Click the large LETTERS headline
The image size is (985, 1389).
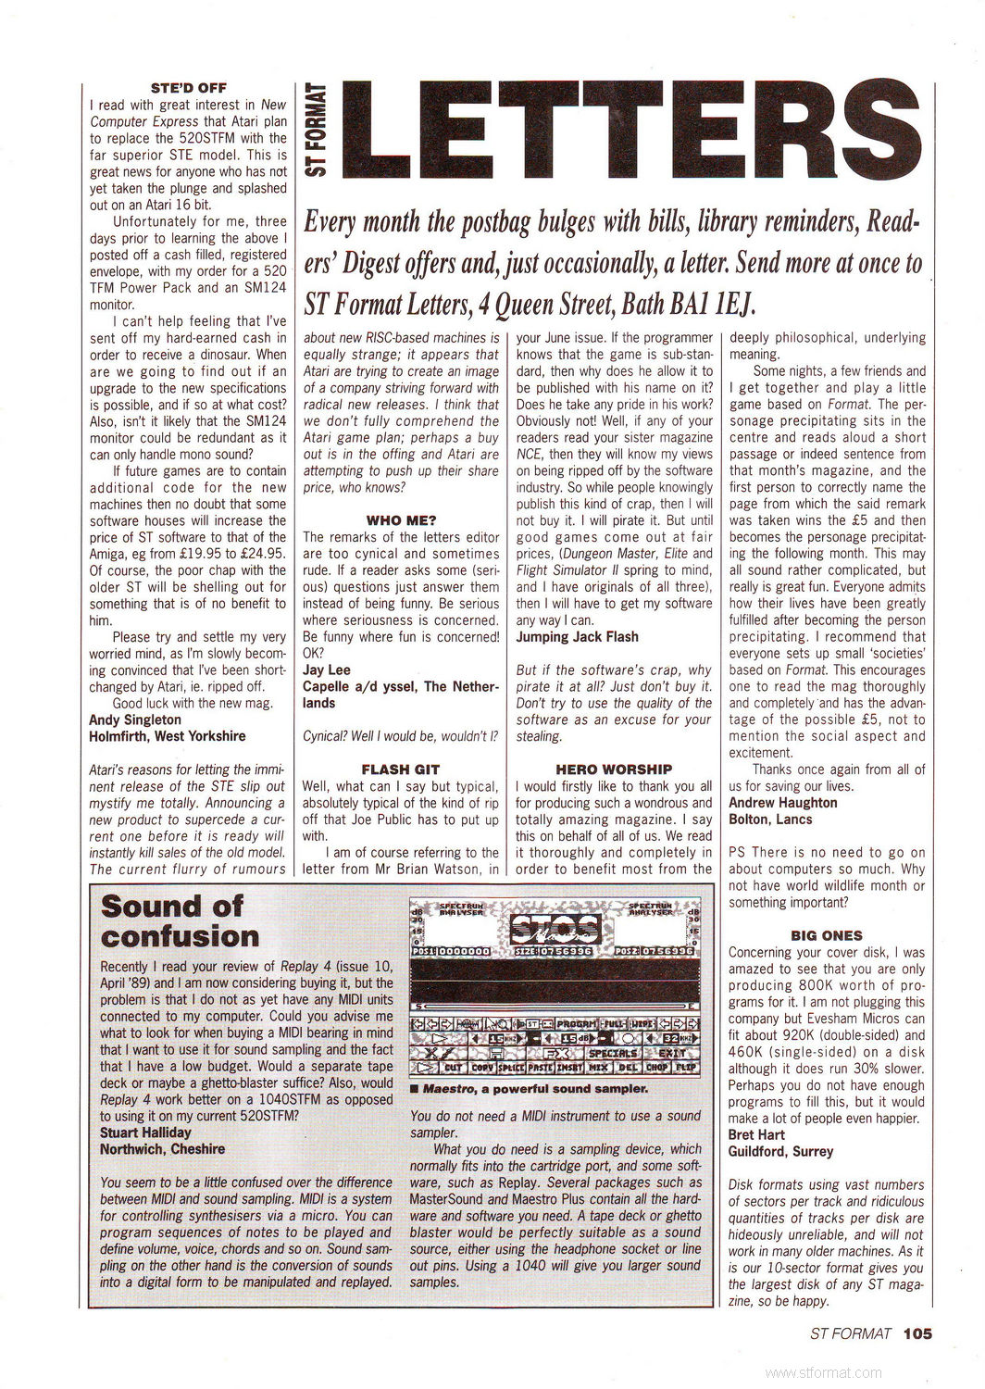tap(639, 132)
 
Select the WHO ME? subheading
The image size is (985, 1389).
tap(401, 520)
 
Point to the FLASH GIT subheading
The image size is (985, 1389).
tap(401, 769)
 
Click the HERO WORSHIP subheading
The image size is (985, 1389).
tap(614, 769)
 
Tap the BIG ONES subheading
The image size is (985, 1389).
tap(827, 935)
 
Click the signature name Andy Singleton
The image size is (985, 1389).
tap(135, 720)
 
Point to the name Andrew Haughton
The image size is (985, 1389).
tap(783, 802)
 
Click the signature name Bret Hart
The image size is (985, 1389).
tap(756, 1134)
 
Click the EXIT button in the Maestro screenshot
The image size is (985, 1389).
tap(672, 1053)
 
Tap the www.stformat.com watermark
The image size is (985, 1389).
tap(825, 1373)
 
